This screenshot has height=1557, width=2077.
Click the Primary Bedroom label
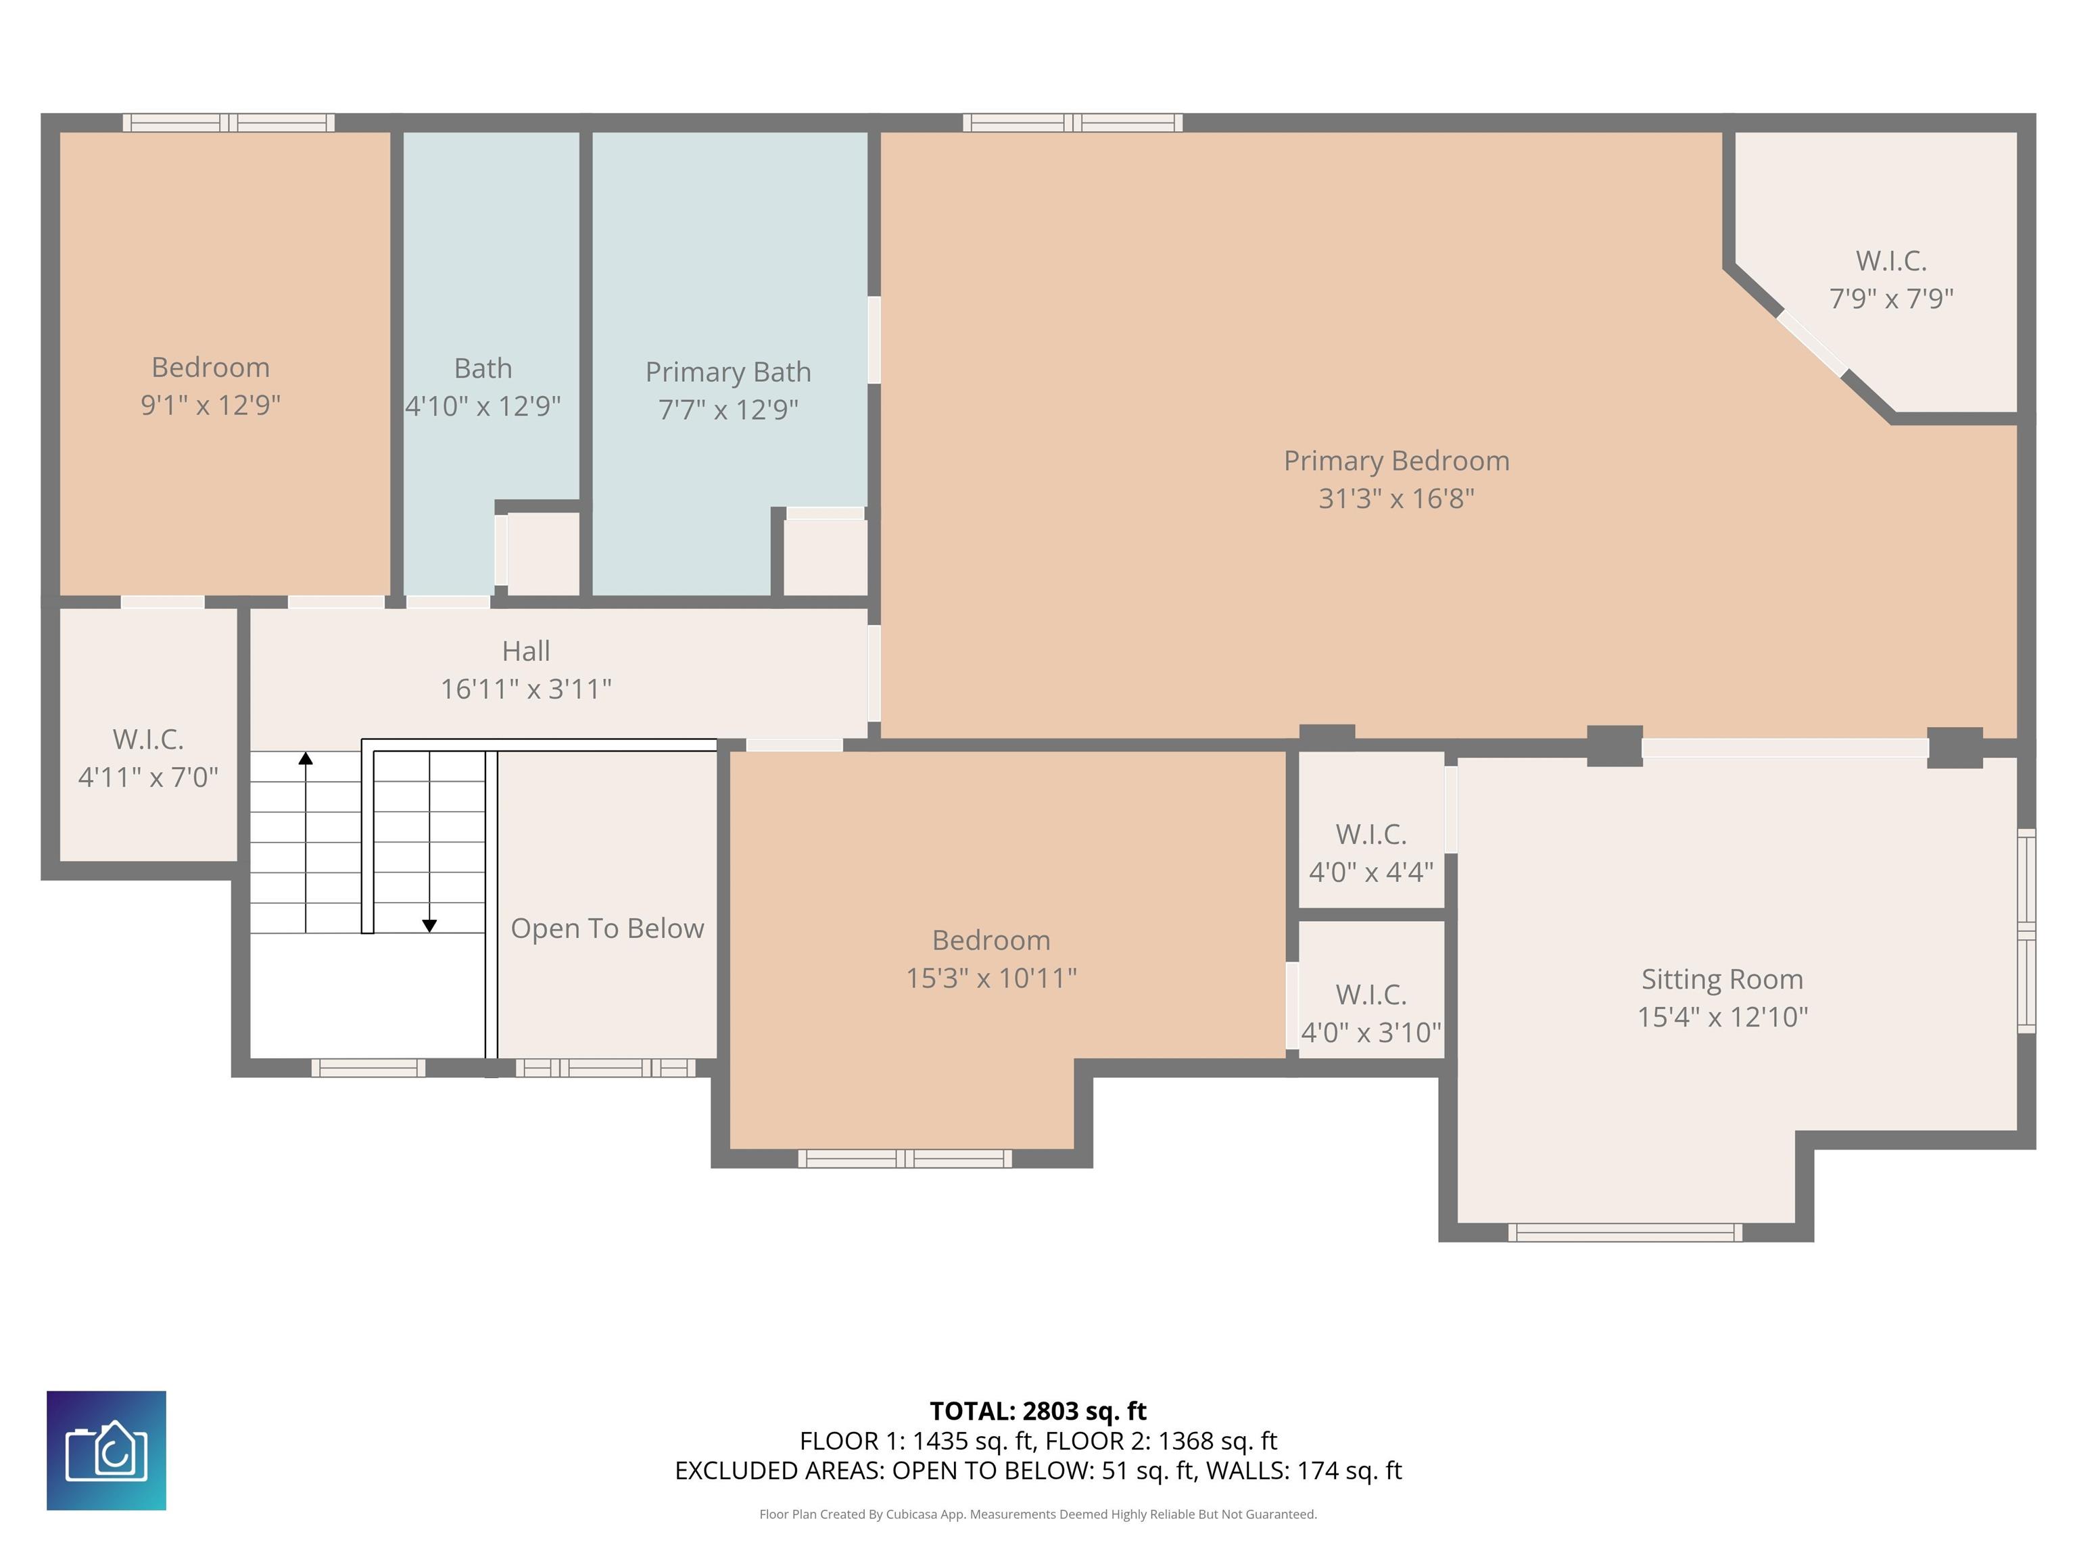[x=1396, y=461]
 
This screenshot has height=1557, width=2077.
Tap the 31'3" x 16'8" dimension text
[x=1396, y=498]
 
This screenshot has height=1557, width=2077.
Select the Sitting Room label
[x=1722, y=980]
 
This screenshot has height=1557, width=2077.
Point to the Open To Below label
[x=608, y=929]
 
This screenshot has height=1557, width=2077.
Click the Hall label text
[x=526, y=651]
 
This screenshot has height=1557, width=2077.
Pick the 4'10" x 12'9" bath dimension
[x=483, y=406]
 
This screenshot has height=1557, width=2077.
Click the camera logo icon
[x=106, y=1450]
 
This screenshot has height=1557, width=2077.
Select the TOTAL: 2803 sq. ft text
[x=1038, y=1410]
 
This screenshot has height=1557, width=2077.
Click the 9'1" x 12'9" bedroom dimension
[x=210, y=405]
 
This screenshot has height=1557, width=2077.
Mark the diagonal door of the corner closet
[x=1811, y=343]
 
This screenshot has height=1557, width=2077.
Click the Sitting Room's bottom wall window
[x=1625, y=1232]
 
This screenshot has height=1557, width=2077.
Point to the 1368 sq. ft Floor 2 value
[x=1217, y=1441]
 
